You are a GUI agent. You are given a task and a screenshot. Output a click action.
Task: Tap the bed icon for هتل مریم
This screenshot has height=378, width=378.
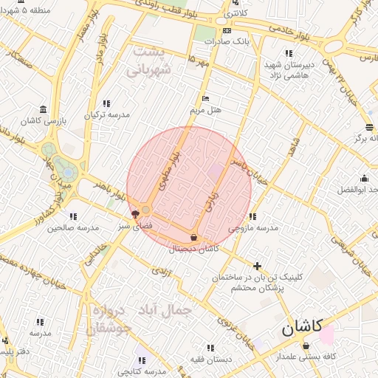[206, 98]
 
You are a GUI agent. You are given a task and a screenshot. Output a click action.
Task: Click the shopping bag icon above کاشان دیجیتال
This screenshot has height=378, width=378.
[193, 237]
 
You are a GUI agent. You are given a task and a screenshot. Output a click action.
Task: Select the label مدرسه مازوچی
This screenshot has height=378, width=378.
[253, 228]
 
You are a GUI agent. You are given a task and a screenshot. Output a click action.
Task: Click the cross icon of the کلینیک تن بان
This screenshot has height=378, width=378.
[257, 266]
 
